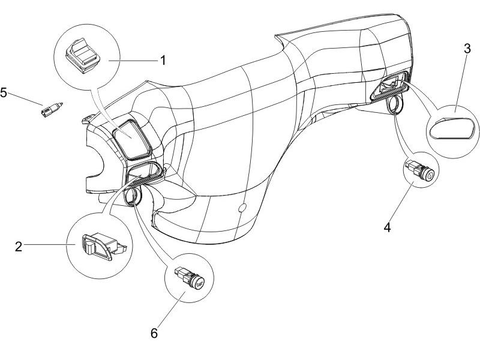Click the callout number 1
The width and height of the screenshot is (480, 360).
[162, 60]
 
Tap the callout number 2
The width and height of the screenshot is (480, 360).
[19, 246]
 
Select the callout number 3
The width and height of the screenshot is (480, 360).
[467, 49]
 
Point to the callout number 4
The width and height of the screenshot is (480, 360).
[388, 228]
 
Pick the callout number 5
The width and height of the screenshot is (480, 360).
[4, 93]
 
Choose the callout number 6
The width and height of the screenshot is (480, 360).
[154, 333]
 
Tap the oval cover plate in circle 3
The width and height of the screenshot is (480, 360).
[454, 127]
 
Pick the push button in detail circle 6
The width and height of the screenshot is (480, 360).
[191, 277]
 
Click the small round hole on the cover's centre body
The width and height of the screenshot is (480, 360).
[242, 208]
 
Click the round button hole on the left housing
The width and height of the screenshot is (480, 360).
[132, 195]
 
